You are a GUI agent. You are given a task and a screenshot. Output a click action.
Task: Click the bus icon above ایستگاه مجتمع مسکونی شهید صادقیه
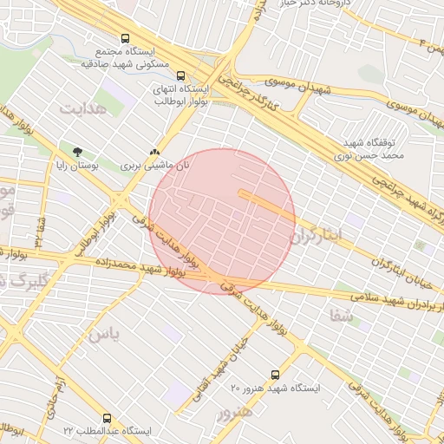coord(126,39)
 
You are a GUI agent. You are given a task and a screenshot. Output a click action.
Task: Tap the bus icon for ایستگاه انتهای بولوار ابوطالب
coord(180,75)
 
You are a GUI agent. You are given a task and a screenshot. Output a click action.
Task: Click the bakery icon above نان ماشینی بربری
coord(154,151)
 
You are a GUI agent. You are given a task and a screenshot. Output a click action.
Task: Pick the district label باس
coord(105,334)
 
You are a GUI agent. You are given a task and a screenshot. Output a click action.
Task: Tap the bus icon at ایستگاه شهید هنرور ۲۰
coord(275,375)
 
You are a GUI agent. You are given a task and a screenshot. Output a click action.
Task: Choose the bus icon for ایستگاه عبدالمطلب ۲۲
coord(107,418)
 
